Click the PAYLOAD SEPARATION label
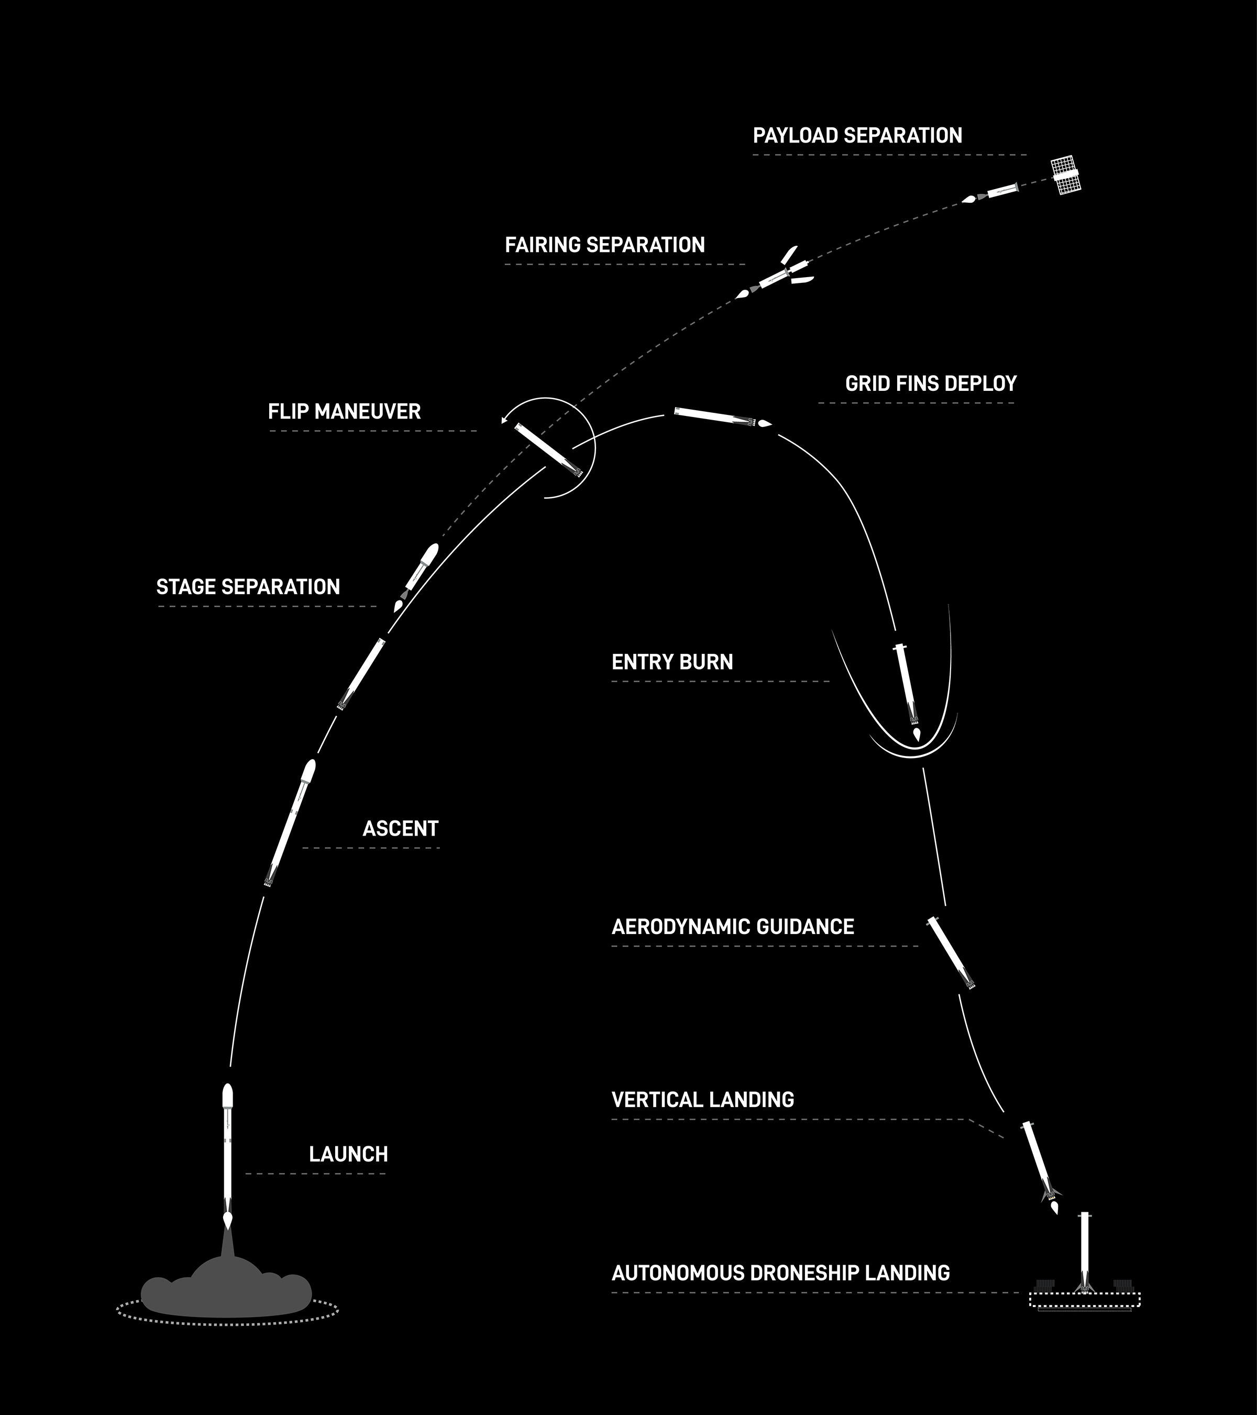(857, 136)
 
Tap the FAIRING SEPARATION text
(604, 245)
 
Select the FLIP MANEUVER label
(344, 412)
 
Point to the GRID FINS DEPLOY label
(930, 383)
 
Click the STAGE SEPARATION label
(248, 587)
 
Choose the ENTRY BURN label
(672, 663)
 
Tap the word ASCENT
(400, 829)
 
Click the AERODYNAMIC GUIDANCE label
(732, 927)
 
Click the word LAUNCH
(348, 1155)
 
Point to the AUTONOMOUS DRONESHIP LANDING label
(780, 1273)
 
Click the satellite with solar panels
(1066, 176)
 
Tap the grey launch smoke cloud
(226, 1290)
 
